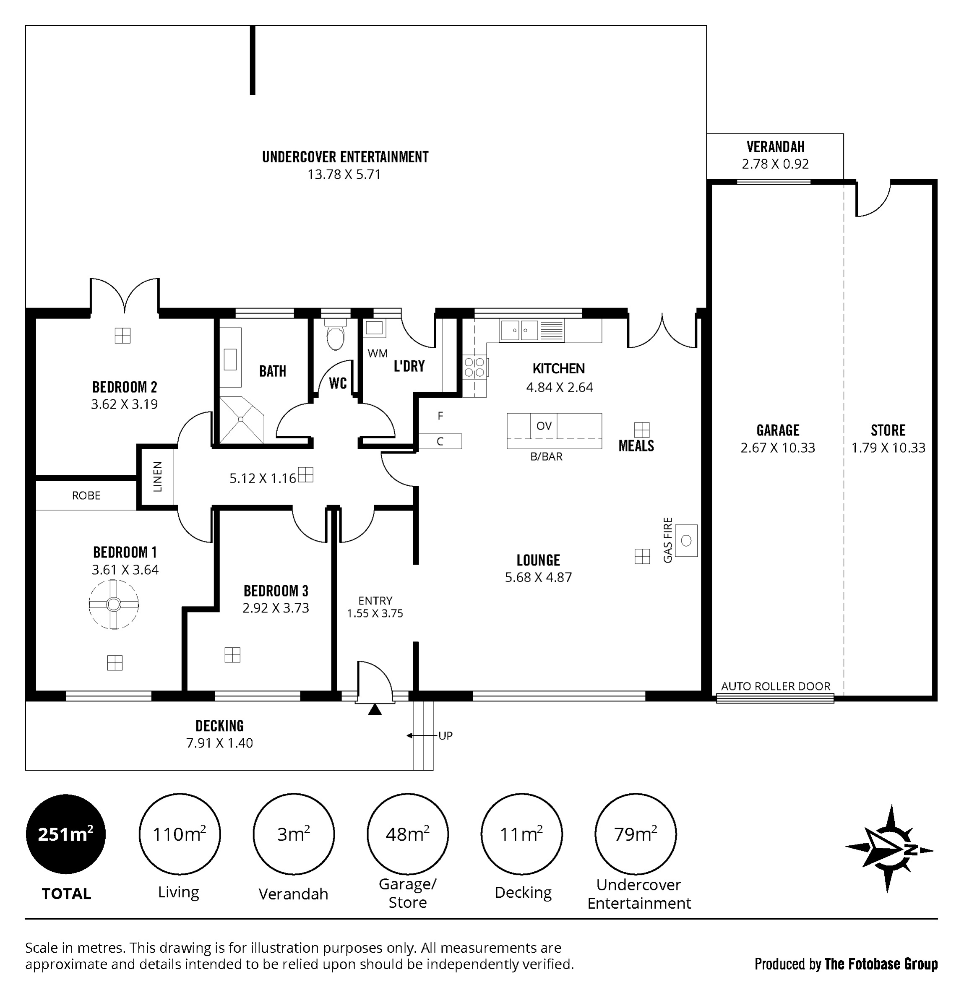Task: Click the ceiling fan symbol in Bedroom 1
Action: (114, 605)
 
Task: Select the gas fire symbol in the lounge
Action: (686, 540)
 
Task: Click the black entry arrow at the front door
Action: (375, 709)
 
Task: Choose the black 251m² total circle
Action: (66, 834)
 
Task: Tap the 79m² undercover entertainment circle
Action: (636, 834)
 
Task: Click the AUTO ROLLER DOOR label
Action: (776, 686)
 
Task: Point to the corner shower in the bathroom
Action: (242, 420)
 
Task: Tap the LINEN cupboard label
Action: (158, 477)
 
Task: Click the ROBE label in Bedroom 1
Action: (86, 495)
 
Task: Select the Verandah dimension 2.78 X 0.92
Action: (775, 164)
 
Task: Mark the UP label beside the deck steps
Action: (445, 735)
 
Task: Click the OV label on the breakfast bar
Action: (544, 426)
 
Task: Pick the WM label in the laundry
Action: (378, 353)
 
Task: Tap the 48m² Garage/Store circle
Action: (407, 834)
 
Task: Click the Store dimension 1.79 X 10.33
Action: (888, 448)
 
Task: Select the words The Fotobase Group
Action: (881, 964)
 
